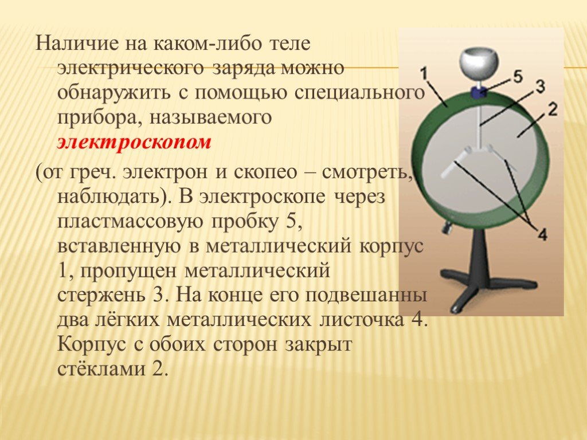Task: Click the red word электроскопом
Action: [134, 142]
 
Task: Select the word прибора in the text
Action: [99, 118]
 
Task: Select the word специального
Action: [359, 93]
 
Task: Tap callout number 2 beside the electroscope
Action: [552, 109]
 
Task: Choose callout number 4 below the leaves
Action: [542, 234]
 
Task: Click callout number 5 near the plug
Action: [517, 76]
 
